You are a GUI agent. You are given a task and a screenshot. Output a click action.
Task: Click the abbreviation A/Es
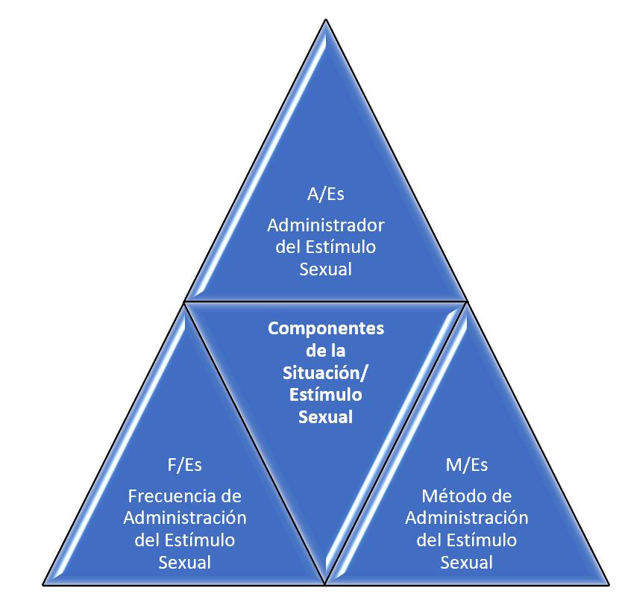coord(325,195)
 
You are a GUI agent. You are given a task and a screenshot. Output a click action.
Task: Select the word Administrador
coord(325,225)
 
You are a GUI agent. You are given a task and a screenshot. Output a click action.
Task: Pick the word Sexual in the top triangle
coord(325,269)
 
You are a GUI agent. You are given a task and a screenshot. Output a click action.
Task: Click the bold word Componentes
coord(325,328)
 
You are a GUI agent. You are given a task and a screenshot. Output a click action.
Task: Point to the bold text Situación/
coord(325,372)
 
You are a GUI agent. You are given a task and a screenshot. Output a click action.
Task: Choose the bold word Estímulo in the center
coord(325,394)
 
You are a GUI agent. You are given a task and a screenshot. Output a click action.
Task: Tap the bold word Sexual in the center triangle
coord(325,416)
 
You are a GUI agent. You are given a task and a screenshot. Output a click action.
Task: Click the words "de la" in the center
coord(325,350)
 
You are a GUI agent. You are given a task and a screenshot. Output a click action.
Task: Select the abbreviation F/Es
coord(184,465)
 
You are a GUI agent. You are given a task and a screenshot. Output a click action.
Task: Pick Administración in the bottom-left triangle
coord(184,517)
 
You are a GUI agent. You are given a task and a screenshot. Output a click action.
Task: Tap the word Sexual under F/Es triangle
coord(184,562)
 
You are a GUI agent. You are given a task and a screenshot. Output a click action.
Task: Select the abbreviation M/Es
coord(466,465)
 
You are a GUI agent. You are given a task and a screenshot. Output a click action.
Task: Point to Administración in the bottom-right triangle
coord(466,517)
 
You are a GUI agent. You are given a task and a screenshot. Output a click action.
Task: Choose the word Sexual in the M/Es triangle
coord(466,562)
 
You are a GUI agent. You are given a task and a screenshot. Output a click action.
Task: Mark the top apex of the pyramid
coord(325,19)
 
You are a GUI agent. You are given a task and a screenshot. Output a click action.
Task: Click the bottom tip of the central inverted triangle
coord(325,582)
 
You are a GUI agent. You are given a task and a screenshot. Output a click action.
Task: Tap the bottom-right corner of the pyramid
coord(607,583)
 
